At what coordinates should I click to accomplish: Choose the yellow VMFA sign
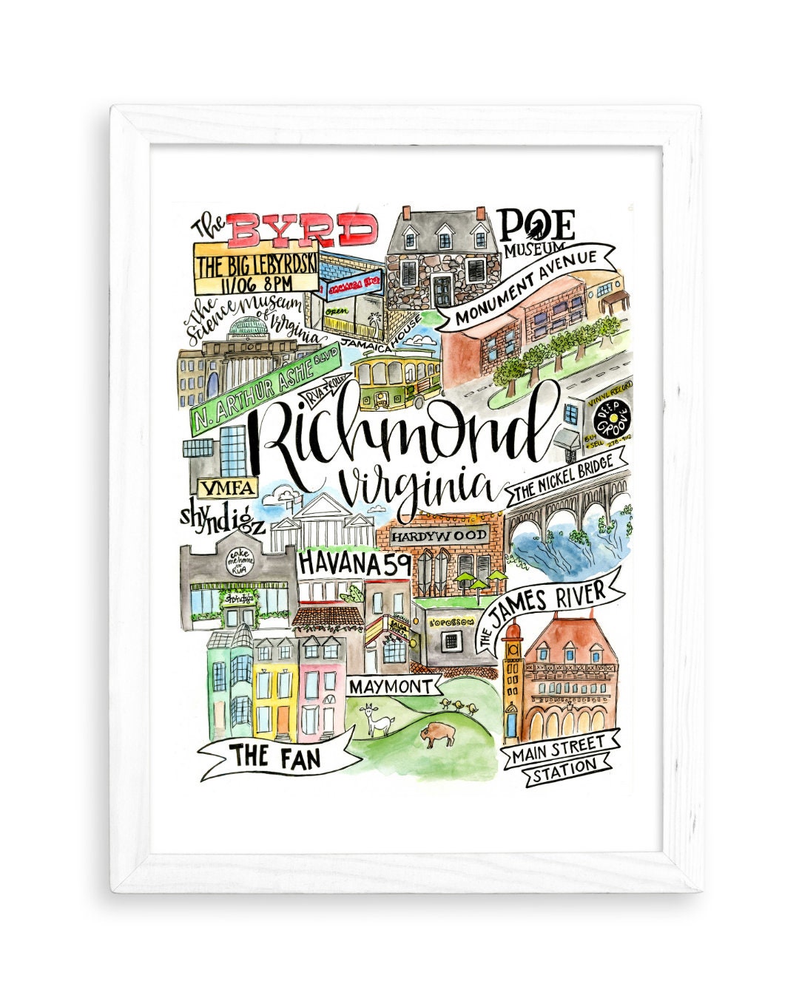(227, 487)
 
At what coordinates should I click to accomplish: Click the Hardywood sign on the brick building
(439, 534)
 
